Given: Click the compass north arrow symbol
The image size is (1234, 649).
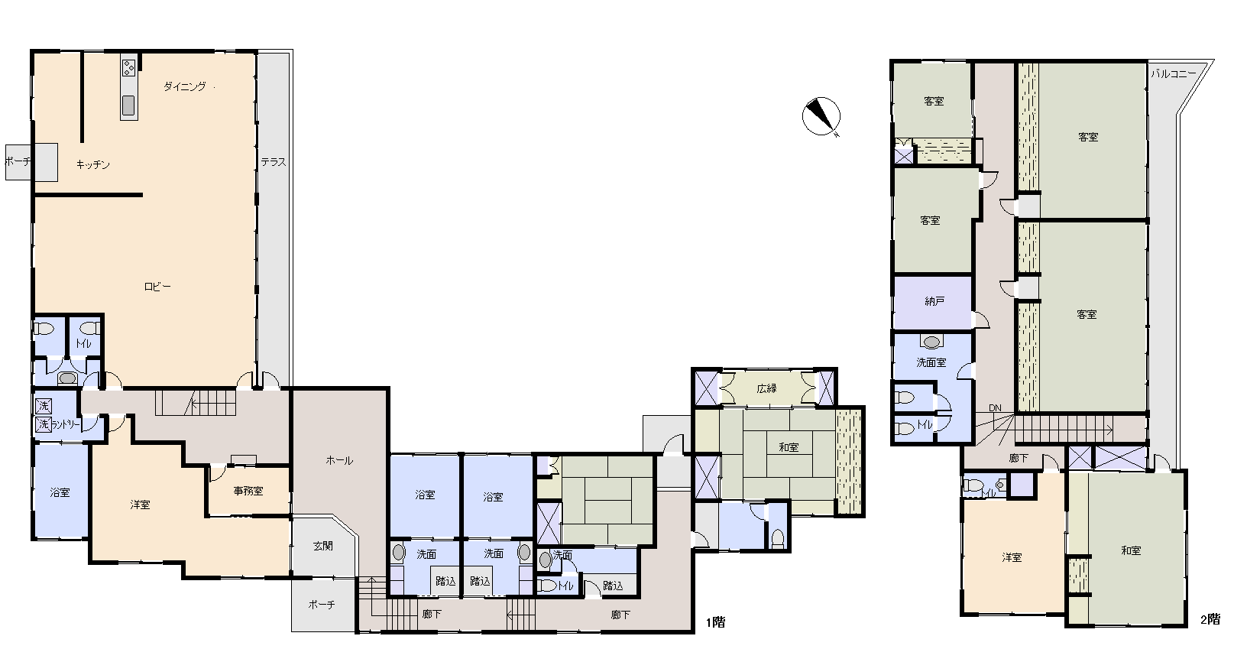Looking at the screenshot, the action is point(821,116).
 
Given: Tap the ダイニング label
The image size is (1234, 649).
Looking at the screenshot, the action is point(185,86).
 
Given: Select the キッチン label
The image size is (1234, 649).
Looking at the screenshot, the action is point(92,164).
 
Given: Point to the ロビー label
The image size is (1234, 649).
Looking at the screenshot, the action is point(157,287).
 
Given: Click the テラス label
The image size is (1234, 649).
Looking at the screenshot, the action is point(274,162).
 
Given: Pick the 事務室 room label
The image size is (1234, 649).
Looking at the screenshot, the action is point(248,491).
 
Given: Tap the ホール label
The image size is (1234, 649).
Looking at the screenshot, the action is point(339,461).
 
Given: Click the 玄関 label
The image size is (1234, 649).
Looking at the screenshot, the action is point(322,546).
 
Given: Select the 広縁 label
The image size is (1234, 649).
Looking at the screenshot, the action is point(766,388).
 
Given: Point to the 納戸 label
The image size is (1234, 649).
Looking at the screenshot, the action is point(934,301).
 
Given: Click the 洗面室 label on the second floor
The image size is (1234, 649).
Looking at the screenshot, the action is point(931,362).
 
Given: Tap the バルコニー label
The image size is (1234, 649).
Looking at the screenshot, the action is point(1174,73).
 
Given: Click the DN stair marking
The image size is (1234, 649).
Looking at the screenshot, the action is point(995,408).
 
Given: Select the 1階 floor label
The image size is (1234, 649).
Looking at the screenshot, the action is point(716,622).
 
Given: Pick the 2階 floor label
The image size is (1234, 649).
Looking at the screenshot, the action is point(1210,620).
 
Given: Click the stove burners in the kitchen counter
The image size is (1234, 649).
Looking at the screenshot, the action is point(129,68).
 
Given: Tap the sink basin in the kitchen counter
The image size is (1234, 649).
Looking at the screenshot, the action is point(128,105).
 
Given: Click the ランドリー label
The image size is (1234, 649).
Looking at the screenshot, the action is point(66,425).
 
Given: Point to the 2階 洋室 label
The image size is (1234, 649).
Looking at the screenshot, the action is point(1012,557).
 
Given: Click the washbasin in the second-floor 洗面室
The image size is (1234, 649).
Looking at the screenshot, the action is point(931,342).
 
